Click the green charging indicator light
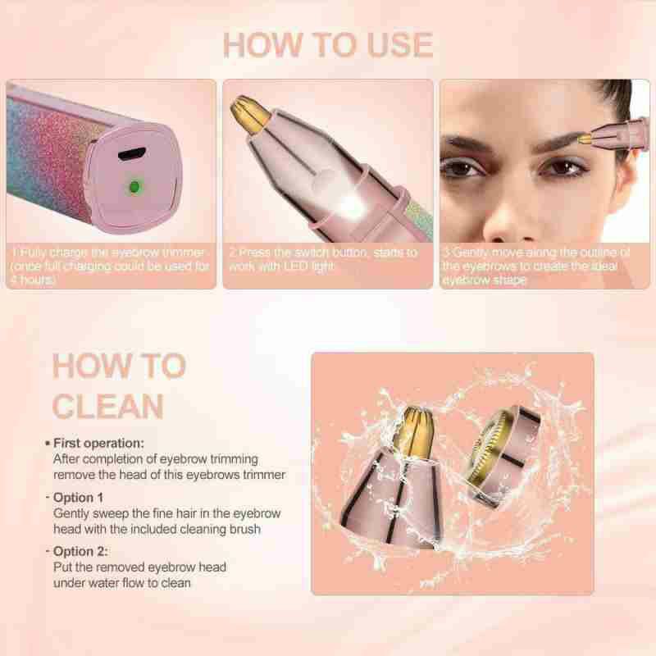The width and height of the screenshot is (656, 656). pyautogui.click(x=134, y=187)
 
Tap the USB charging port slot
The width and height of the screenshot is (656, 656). pyautogui.click(x=132, y=154)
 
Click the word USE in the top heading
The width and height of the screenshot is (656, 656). pyautogui.click(x=400, y=45)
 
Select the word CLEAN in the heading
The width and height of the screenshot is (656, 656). pyautogui.click(x=108, y=406)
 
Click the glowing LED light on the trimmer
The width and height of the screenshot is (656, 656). pyautogui.click(x=351, y=205)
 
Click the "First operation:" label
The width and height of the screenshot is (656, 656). pyautogui.click(x=98, y=443)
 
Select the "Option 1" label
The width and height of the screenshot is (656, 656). pyautogui.click(x=78, y=498)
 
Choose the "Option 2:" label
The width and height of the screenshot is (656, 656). pyautogui.click(x=80, y=551)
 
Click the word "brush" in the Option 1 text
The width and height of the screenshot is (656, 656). pyautogui.click(x=244, y=529)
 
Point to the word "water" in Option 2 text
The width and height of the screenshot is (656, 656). pyautogui.click(x=104, y=583)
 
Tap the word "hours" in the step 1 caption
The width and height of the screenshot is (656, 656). pyautogui.click(x=38, y=280)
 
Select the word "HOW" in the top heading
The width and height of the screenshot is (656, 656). pyautogui.click(x=262, y=45)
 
